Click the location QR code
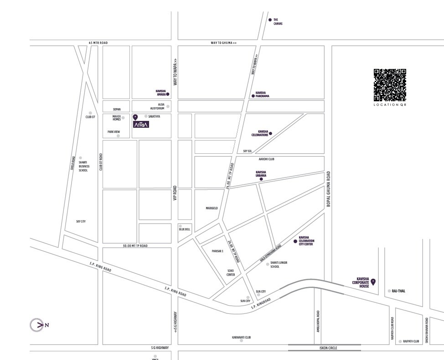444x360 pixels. (390, 85)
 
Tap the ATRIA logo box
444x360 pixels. (141, 125)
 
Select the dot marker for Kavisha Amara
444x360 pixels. (168, 94)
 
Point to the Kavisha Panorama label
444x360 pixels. (263, 94)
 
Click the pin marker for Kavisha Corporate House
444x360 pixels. (373, 282)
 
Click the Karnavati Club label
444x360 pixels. (242, 338)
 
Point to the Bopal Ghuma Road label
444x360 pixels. (328, 189)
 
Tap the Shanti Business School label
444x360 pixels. (83, 166)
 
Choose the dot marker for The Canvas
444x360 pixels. (270, 20)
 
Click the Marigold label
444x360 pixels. (212, 208)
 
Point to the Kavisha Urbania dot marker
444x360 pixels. (261, 179)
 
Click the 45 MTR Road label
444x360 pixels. (98, 43)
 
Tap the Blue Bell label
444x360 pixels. (185, 229)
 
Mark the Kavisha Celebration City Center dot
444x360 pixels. (295, 241)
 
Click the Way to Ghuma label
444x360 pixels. (223, 43)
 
